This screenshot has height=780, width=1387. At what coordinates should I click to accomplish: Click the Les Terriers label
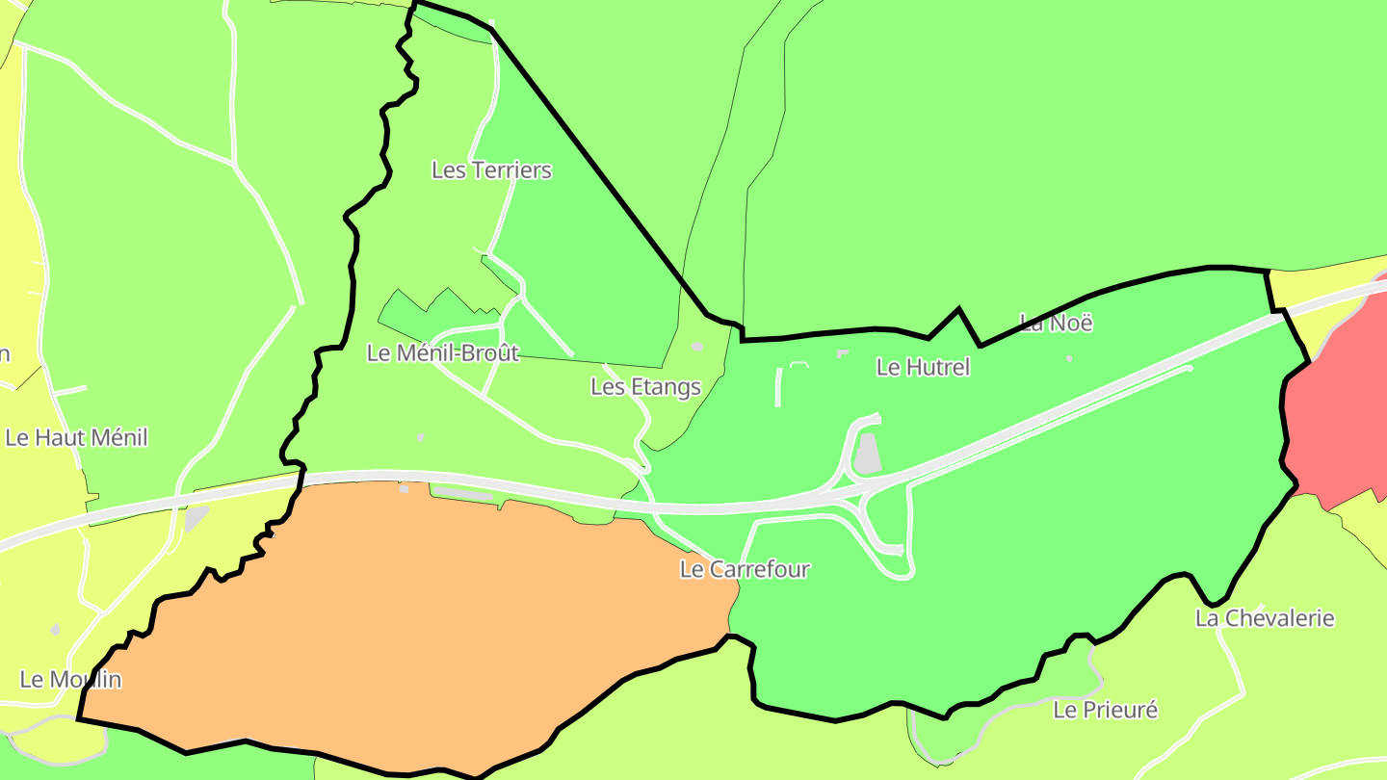pos(491,170)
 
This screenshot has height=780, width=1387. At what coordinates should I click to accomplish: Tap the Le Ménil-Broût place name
pos(443,353)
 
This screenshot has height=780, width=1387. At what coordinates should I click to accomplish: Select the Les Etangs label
pos(645,387)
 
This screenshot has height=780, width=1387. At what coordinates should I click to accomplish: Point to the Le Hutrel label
pos(923,367)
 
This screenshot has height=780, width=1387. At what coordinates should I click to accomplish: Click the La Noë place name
pos(1057,324)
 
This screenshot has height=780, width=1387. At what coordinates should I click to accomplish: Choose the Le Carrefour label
pos(745,569)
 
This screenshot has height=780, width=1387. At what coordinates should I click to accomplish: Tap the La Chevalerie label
pos(1265,618)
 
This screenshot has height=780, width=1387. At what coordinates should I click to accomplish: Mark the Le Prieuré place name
pos(1105,711)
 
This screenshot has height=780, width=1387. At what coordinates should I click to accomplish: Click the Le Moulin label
pos(70,680)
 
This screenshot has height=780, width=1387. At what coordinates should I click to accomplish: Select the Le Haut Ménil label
pos(77,438)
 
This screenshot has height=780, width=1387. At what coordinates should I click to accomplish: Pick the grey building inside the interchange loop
pos(868,455)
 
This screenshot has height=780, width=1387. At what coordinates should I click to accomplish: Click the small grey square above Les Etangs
pos(697,347)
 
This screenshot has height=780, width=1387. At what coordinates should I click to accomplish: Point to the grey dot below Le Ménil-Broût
pos(421,438)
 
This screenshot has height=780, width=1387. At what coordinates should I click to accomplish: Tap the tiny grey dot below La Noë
pos(1069,358)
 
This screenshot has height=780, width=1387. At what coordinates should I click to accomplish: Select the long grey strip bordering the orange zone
pos(462,494)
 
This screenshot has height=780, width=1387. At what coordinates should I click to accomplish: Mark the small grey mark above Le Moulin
pos(55,629)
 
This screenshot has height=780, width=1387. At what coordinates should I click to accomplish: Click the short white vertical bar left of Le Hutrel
pos(778,387)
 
